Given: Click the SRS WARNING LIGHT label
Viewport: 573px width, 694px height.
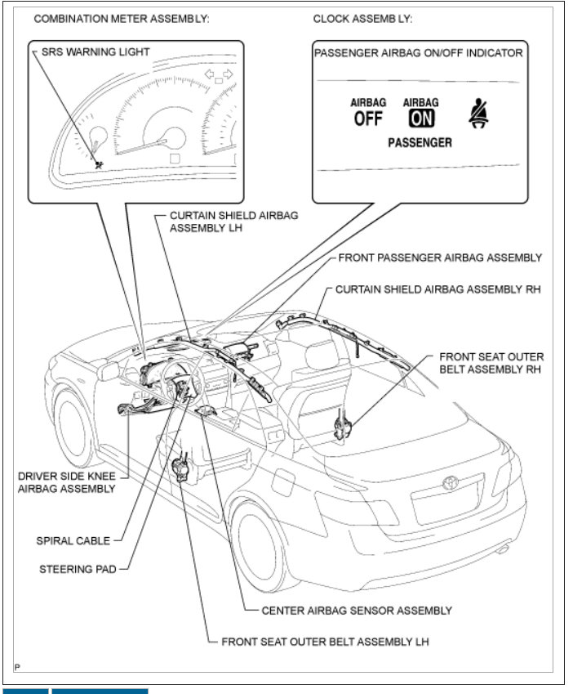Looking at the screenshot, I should (95, 51).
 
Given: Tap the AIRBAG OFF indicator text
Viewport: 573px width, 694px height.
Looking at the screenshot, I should (368, 113).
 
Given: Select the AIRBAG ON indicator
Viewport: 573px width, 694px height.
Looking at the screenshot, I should (421, 113).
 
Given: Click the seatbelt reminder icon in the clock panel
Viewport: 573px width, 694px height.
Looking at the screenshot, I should (478, 114).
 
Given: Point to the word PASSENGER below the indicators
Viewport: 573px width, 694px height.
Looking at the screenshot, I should (420, 142).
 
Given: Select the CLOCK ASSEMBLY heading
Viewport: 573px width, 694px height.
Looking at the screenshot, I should (363, 18).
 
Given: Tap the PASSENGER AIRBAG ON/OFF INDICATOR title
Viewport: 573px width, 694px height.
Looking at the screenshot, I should (419, 53).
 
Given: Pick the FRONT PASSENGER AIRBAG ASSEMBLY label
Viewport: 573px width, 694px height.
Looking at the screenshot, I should (440, 257).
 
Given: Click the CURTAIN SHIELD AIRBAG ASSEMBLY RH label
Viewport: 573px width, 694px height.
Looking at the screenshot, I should (438, 289).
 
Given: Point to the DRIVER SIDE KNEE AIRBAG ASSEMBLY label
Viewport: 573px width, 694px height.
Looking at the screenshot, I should (66, 481).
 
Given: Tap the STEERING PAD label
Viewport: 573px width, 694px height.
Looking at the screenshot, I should (78, 569).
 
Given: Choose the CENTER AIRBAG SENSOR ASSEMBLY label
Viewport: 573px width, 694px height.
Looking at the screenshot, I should (357, 610).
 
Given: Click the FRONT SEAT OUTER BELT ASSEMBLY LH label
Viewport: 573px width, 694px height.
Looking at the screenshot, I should (325, 641).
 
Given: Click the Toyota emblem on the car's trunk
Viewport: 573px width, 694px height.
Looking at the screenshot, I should (451, 483).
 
